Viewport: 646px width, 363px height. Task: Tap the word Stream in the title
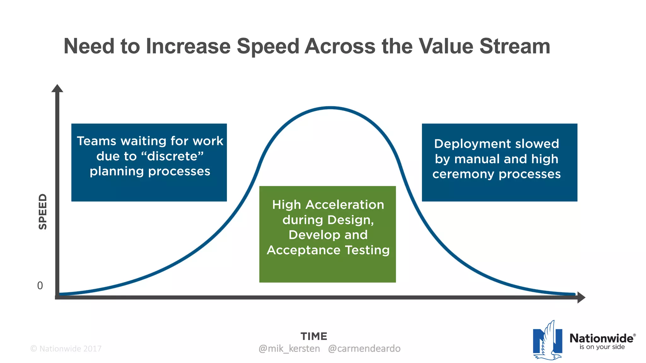pos(515,46)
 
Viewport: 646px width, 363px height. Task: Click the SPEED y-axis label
pos(43,211)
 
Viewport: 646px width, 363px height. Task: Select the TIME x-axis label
pos(314,336)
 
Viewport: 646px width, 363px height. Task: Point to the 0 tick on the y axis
pos(40,285)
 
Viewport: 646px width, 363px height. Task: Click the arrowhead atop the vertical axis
pos(57,89)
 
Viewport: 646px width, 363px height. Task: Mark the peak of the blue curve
pos(330,108)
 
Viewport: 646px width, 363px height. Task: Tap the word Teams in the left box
pos(97,141)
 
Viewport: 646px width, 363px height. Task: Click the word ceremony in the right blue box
pos(463,174)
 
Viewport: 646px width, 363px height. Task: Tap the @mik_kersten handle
pos(289,349)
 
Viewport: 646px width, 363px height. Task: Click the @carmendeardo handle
pos(364,349)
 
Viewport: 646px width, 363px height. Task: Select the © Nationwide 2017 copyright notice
pos(66,349)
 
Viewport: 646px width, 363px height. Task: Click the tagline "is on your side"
pos(602,347)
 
